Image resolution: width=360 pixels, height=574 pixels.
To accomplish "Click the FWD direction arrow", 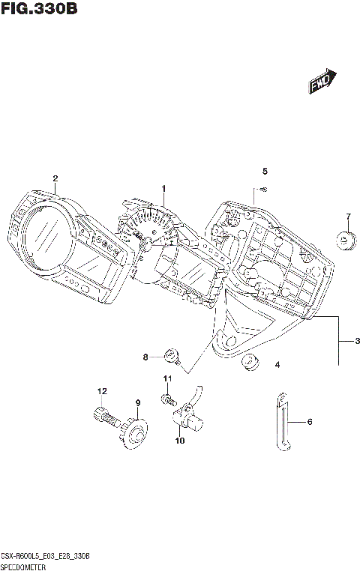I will (322, 83).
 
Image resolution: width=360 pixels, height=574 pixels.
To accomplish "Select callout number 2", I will (55, 178).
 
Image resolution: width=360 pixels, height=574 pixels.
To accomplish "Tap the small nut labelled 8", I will (171, 353).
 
